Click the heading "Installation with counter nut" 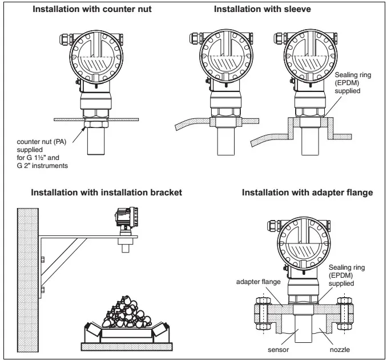click(92, 9)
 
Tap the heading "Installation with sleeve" click(262, 9)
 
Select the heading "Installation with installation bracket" click(106, 193)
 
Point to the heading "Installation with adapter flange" click(307, 193)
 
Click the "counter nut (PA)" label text click(42, 142)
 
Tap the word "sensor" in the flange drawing click(278, 350)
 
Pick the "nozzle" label click(340, 350)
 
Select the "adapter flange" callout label click(258, 282)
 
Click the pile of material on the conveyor click(127, 313)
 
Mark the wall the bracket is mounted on click(27, 280)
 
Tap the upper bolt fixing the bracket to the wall click(42, 259)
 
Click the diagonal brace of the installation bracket click(64, 261)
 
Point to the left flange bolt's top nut click(263, 301)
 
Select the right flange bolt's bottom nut click(344, 327)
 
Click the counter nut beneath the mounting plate click(96, 124)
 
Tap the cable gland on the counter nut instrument click(66, 39)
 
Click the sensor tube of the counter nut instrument click(96, 141)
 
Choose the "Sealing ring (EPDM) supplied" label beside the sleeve click(353, 83)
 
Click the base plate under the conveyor click(127, 347)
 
